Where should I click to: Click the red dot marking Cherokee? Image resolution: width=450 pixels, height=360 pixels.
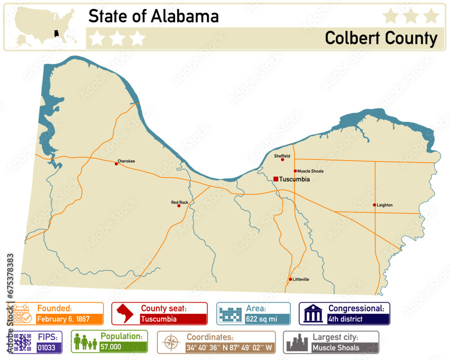(116, 164)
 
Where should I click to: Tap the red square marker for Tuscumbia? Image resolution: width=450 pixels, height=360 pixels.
(275, 179)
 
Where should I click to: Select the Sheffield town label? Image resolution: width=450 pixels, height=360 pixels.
(282, 156)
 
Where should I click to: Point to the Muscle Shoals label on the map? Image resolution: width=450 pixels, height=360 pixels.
(310, 171)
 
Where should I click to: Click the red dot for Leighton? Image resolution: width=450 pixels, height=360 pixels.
(374, 205)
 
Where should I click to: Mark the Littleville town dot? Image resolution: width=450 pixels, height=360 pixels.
(290, 279)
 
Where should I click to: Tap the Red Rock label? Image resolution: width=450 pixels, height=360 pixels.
(180, 202)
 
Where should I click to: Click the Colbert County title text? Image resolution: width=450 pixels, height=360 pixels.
(381, 38)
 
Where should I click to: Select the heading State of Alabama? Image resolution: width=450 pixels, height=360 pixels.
(153, 16)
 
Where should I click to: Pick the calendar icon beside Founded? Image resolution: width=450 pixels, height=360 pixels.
(21, 313)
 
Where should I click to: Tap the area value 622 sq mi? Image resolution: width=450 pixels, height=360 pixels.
(261, 319)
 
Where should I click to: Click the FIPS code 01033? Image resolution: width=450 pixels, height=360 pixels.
(46, 348)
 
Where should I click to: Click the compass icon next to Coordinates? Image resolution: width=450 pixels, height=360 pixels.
(171, 342)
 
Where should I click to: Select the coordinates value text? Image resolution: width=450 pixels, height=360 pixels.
(229, 348)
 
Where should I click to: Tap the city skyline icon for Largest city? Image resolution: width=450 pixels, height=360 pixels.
(297, 342)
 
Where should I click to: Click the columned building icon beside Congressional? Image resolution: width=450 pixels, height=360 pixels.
(313, 313)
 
